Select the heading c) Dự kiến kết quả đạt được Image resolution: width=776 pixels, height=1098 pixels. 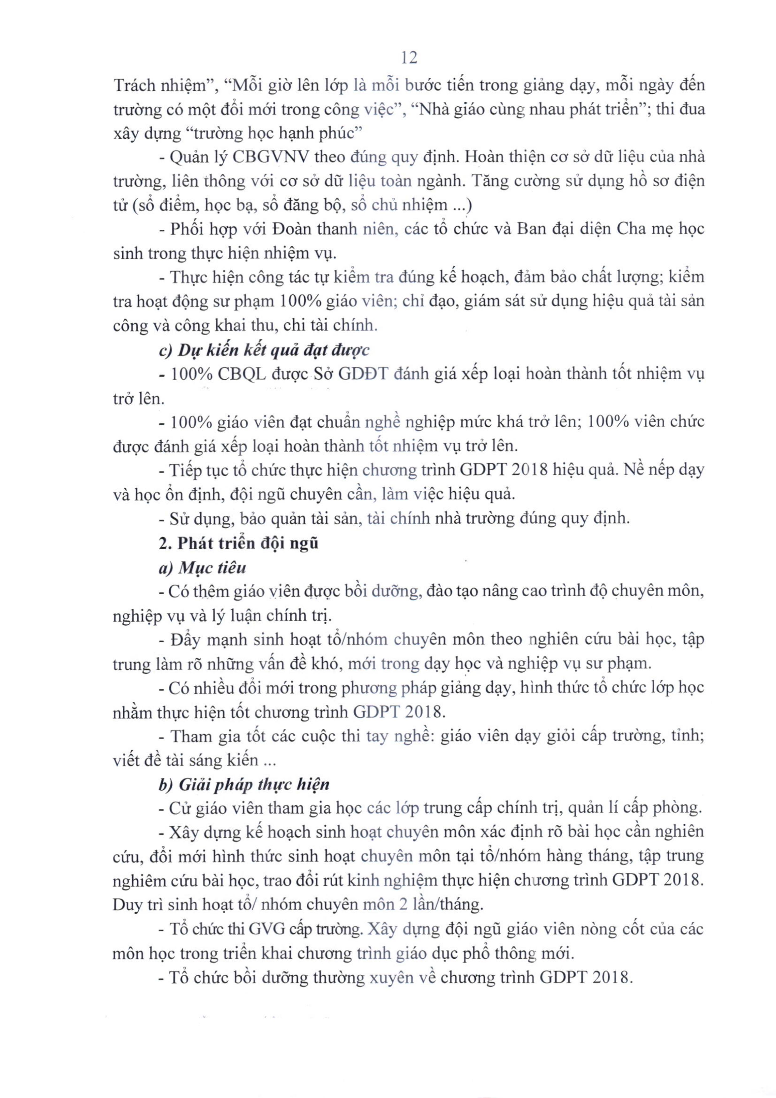pos(264,350)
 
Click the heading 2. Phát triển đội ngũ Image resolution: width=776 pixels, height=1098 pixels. pos(238,543)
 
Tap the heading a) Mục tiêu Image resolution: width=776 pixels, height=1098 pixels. pos(202,568)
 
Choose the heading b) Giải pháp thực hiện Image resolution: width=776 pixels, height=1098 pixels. pos(244,785)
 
